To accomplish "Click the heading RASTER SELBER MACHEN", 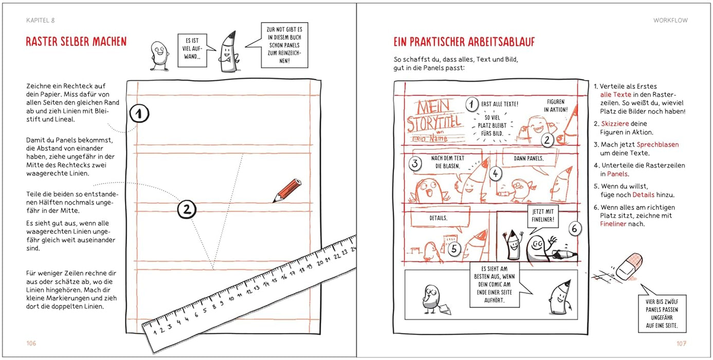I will (76, 42).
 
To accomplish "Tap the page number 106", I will (31, 343).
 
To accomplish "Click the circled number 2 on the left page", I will (187, 209).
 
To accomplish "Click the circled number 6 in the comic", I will (574, 228).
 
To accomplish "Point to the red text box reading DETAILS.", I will (438, 218).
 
